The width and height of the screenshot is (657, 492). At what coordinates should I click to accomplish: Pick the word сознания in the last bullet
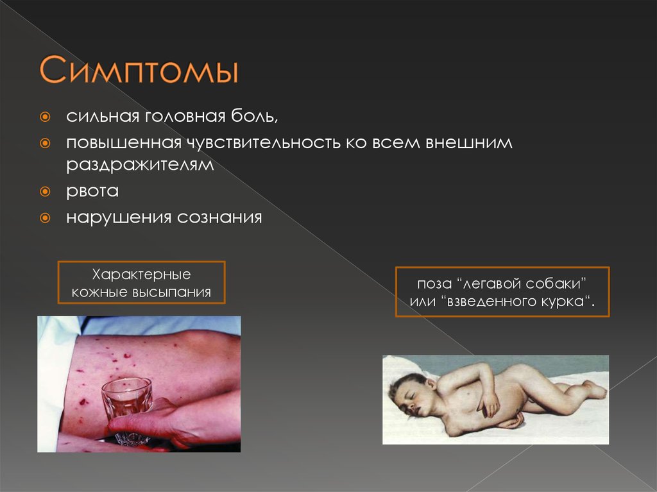pyautogui.click(x=219, y=217)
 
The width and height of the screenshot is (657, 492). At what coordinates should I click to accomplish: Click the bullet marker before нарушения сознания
pyautogui.click(x=45, y=217)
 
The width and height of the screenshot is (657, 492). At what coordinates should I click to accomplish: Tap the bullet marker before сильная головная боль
pyautogui.click(x=45, y=118)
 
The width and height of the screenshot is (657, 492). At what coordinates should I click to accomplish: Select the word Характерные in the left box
pyautogui.click(x=142, y=274)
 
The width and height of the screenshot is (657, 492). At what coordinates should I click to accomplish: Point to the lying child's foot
pyautogui.click(x=594, y=389)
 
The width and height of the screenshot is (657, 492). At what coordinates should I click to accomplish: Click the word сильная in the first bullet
pyautogui.click(x=100, y=118)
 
